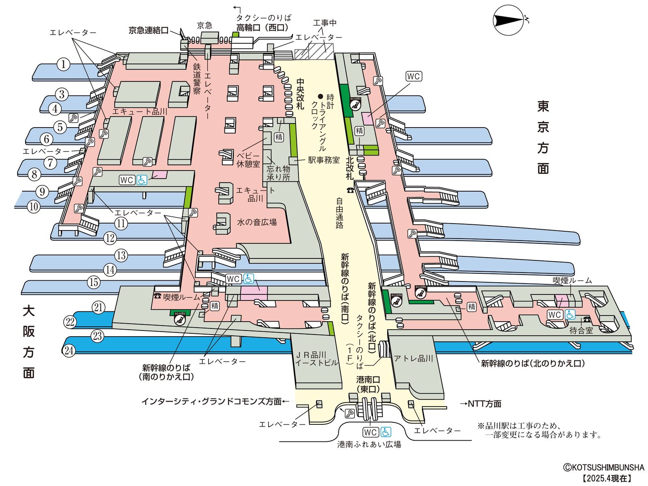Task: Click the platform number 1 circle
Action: pos(63,64)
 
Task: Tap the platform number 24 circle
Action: pos(69,350)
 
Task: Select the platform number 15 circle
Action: pos(94,282)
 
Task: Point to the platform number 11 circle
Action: pos(121,223)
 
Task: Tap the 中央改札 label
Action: pos(300,94)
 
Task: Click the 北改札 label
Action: pos(350,168)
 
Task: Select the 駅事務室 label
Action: pos(324,160)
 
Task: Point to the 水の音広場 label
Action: pos(257,222)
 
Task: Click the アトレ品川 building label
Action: pos(414,358)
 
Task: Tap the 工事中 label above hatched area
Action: pos(324,23)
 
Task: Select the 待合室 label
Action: pos(581,330)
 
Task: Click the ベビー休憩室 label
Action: pos(248,160)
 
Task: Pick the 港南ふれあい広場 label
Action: pos(369,444)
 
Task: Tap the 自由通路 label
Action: pos(339,213)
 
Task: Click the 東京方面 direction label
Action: pos(543,137)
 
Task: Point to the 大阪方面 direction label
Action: pos(28,342)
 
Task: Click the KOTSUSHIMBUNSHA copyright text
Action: pos(603,467)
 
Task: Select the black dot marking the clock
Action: pos(320,97)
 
